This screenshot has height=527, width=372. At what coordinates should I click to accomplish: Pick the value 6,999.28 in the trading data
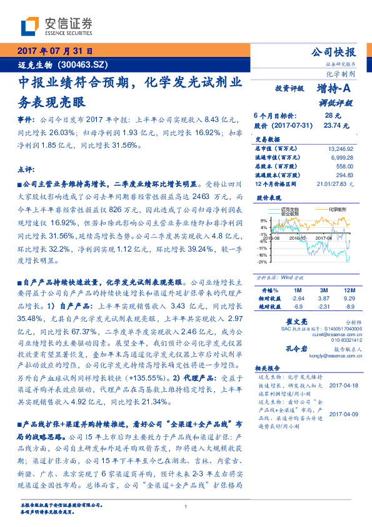[x=343, y=158]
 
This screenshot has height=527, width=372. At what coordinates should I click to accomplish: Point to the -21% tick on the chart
[x=264, y=262]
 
